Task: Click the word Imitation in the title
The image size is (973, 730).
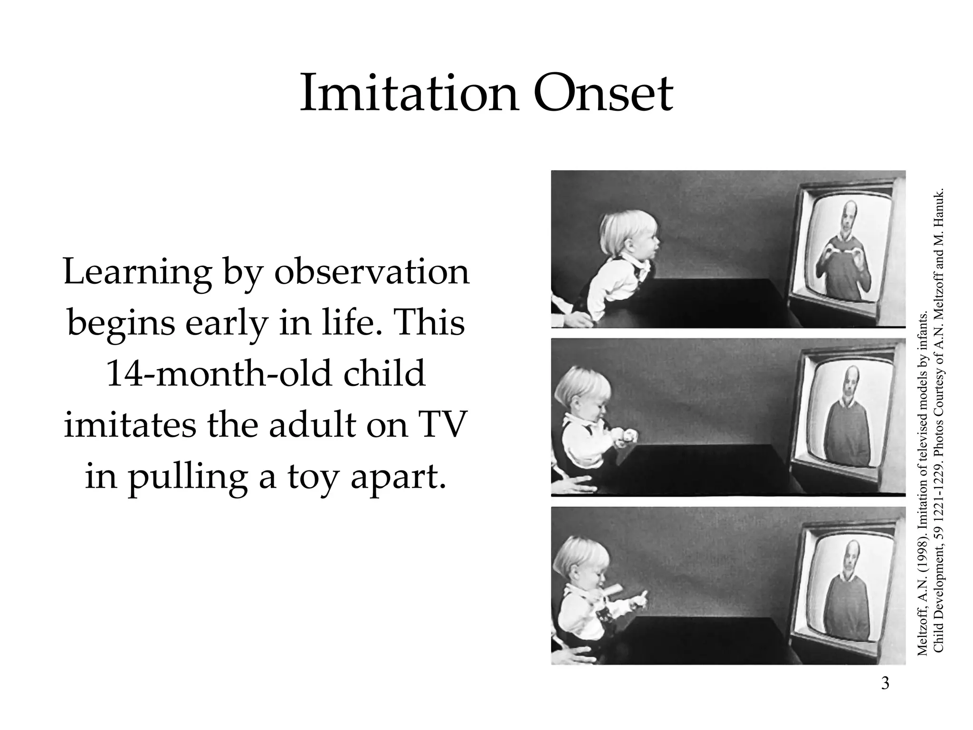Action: pos(409,93)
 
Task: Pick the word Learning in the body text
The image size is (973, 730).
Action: pos(137,273)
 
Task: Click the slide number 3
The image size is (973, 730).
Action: pos(885,683)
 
